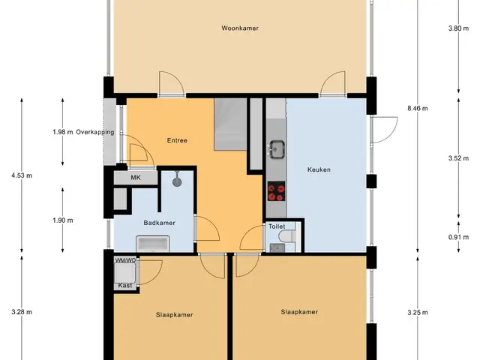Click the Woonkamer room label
[240, 28]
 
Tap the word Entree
[177, 140]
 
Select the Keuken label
[319, 169]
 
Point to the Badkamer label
[160, 223]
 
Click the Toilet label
[277, 226]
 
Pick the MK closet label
[136, 178]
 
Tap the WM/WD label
[125, 260]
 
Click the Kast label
[125, 286]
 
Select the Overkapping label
[95, 132]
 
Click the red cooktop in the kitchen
[277, 191]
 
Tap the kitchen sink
[277, 150]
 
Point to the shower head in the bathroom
[177, 181]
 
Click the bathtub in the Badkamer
[153, 244]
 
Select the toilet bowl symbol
[286, 236]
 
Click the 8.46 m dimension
[418, 108]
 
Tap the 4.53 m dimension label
[22, 175]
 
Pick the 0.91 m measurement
[458, 237]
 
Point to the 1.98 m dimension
[63, 132]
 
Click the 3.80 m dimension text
[458, 28]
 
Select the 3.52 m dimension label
[458, 158]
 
